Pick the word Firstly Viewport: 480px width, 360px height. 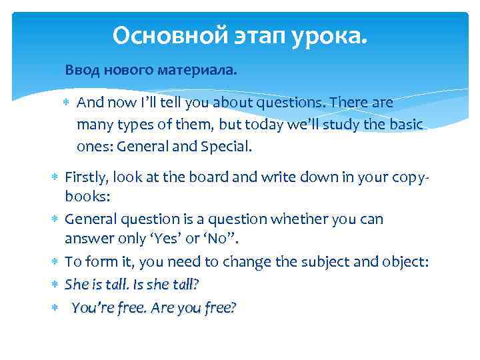pos(87,177)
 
